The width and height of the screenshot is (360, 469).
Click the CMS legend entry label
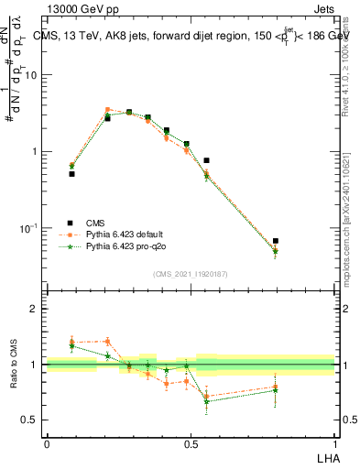pyautogui.click(x=96, y=223)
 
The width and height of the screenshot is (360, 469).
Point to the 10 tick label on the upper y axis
pyautogui.click(x=31, y=75)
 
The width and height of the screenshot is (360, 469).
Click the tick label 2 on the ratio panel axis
pyautogui.click(x=33, y=309)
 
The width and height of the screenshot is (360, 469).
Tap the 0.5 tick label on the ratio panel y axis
pyautogui.click(x=29, y=420)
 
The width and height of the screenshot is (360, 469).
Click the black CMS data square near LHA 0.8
pyautogui.click(x=275, y=241)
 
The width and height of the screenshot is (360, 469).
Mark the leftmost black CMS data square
pyautogui.click(x=71, y=173)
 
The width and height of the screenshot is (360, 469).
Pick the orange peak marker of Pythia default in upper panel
pyautogui.click(x=107, y=109)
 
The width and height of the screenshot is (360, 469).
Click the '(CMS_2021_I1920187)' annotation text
pyautogui.click(x=190, y=273)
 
